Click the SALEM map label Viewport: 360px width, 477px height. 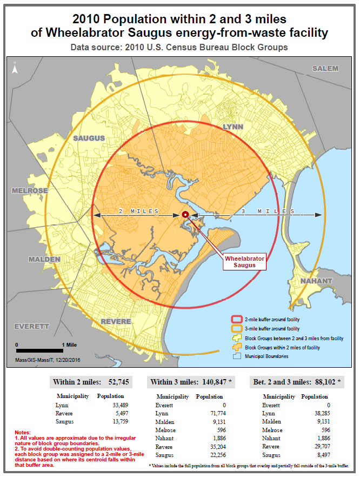point(325,69)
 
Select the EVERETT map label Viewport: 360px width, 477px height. point(31,327)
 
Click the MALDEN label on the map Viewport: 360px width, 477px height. point(44,259)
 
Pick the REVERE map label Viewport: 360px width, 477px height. point(116,321)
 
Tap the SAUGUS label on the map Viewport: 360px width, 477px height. point(89,138)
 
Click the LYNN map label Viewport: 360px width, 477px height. point(234,127)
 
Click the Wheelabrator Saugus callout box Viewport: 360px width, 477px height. point(245,262)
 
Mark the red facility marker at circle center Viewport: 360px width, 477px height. point(185,215)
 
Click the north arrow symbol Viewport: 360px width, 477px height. point(15,68)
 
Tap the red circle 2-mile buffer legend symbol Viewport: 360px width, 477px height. point(236,320)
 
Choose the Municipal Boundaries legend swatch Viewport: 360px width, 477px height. point(236,356)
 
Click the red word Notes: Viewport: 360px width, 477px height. point(23,433)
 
